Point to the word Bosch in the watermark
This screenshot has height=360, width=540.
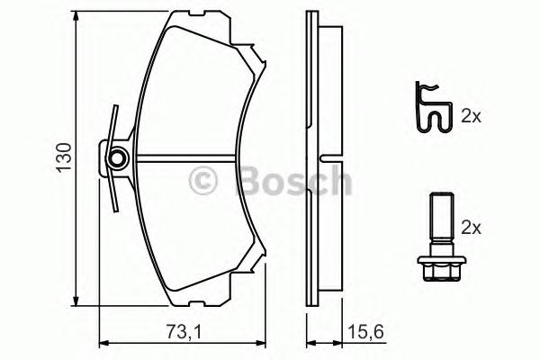[x=292, y=180]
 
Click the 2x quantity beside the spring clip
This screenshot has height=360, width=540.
[x=471, y=116]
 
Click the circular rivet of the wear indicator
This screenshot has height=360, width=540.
[x=115, y=161]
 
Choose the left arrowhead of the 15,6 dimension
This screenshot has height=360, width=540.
[x=310, y=342]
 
